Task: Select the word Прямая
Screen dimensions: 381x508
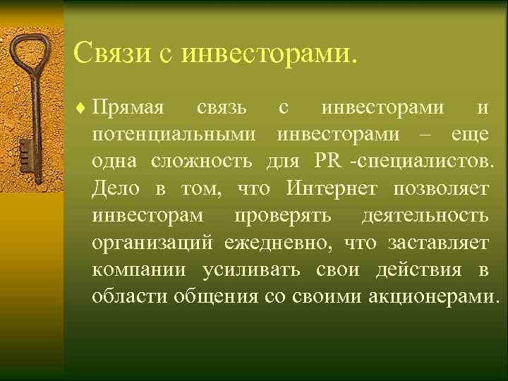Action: [x=128, y=109]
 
